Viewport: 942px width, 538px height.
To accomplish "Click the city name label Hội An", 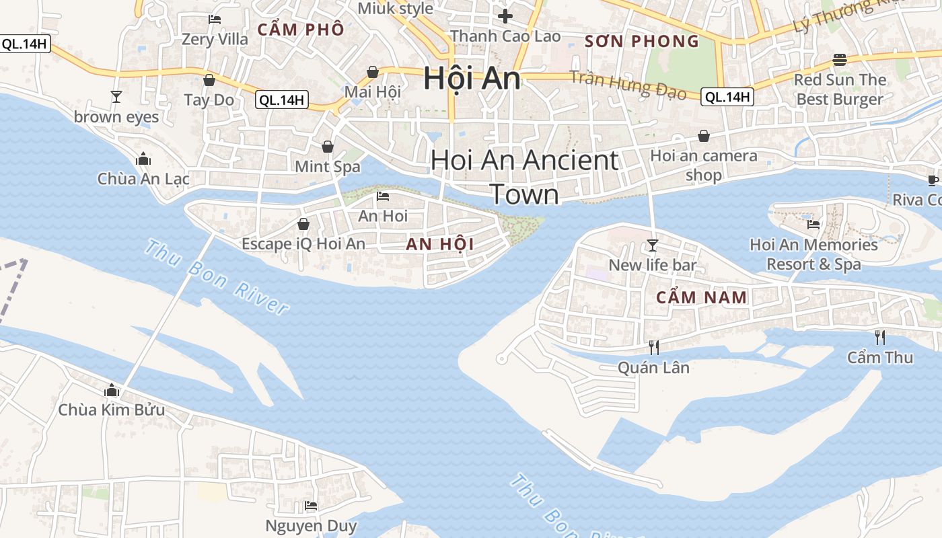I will tap(472, 79).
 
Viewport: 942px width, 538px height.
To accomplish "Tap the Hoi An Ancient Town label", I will tap(524, 177).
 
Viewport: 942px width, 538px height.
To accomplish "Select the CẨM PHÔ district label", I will tap(301, 30).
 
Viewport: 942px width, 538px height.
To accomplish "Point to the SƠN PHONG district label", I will tap(642, 42).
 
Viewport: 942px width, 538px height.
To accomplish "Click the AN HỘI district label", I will tap(439, 245).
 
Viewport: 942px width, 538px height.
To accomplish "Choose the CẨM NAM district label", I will tap(702, 297).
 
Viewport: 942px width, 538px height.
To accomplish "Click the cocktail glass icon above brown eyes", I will tap(116, 97).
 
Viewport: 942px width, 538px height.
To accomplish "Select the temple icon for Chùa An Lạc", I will tap(143, 159).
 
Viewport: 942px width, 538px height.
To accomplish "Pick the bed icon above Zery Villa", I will tap(215, 20).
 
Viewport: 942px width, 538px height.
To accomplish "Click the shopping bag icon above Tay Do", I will tap(209, 80).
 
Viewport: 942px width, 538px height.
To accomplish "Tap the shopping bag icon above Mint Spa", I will tap(328, 146).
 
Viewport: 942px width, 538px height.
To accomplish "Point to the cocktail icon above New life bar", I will tap(652, 245).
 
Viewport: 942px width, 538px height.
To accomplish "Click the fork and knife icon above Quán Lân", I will tap(653, 347).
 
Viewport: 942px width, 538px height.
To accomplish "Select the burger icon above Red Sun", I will tap(839, 59).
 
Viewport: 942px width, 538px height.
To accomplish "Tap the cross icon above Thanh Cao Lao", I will tap(505, 15).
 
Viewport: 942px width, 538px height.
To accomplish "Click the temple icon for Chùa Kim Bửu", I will tap(112, 390).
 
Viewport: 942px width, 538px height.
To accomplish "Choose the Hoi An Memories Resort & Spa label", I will tap(813, 254).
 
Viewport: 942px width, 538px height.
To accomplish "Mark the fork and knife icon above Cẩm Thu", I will tap(879, 337).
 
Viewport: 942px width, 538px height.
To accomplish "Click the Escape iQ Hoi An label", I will tap(303, 243).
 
